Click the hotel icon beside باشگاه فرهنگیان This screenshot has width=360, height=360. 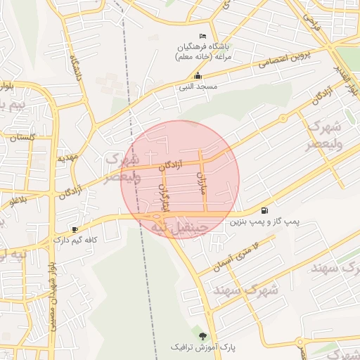point(203,36)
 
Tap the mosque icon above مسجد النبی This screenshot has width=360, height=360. point(198,76)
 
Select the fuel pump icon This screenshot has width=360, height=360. point(264,210)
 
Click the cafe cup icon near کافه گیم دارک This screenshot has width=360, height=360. point(75,229)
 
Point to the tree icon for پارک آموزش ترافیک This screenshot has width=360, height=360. point(203,336)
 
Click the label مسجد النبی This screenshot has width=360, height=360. point(197,86)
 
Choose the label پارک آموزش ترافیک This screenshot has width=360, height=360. point(203,348)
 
